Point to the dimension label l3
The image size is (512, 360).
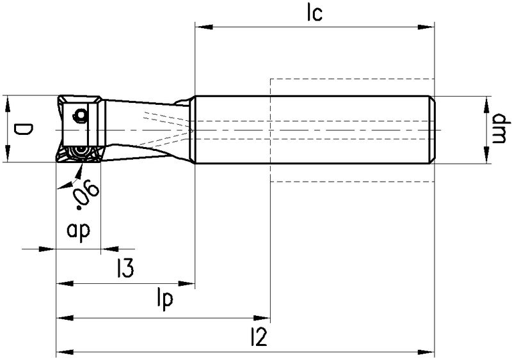tap(125, 269)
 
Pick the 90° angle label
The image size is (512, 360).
tap(84, 194)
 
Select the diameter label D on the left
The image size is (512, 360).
tap(21, 131)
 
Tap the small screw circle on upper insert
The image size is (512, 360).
tap(81, 115)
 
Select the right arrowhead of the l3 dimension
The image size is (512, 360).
tap(189, 283)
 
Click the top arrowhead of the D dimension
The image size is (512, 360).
tap(8, 101)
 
